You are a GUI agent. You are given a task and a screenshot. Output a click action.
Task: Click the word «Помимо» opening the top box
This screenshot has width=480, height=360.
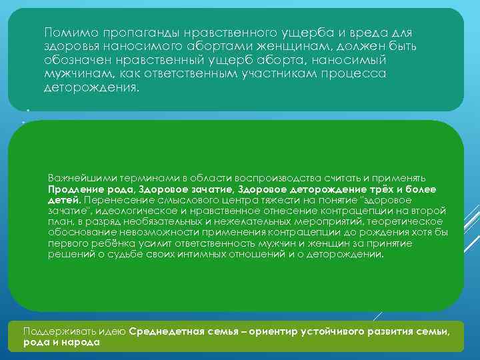click(67, 32)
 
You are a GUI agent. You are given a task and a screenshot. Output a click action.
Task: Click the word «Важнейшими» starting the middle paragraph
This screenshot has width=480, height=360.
click(75, 179)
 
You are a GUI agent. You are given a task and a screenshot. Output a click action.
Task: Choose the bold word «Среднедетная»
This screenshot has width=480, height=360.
click(162, 331)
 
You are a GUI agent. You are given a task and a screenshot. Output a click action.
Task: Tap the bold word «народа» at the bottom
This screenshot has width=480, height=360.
click(83, 342)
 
